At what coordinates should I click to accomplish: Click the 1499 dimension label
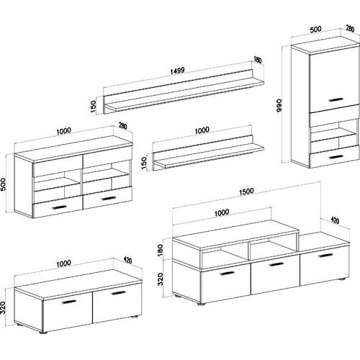point(177,71)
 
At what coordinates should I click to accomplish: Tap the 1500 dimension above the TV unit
point(246,192)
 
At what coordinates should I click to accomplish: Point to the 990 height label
point(279,105)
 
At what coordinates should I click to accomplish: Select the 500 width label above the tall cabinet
point(315,30)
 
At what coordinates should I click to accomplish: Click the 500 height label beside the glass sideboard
point(4,184)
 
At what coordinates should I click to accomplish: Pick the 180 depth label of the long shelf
point(258,60)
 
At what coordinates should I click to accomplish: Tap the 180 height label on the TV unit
point(161,250)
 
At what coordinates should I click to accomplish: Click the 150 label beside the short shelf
point(144,163)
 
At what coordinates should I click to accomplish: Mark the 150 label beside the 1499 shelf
point(93,107)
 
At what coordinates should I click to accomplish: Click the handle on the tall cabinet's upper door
point(336,99)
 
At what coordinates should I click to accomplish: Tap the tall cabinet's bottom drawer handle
point(336,157)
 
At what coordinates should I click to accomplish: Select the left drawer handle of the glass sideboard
point(59,207)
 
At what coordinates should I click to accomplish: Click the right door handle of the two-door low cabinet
point(118,293)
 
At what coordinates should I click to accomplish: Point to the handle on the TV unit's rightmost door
point(326,256)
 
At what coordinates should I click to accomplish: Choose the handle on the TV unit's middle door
point(276,264)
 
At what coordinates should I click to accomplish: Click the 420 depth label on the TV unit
point(335,220)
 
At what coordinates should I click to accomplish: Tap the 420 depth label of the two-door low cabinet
point(127,260)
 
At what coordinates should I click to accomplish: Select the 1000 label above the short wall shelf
point(202,130)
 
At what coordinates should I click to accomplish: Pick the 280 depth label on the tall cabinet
point(350,29)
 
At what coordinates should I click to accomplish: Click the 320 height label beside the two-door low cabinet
point(4,307)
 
